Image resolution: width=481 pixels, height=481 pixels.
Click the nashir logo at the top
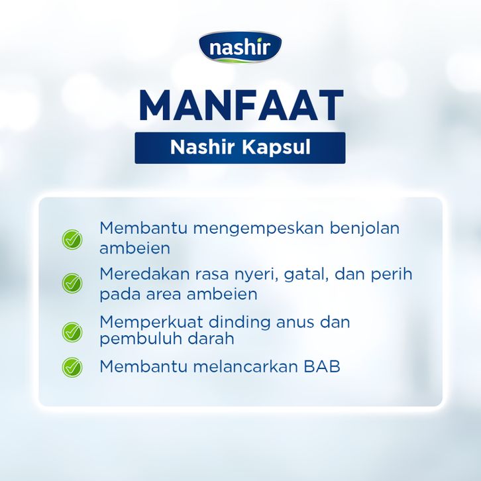coord(240,47)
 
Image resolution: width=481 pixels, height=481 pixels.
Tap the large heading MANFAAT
coord(240,105)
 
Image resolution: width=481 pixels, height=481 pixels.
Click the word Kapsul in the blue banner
coord(276,148)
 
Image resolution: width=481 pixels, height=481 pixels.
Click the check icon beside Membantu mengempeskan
coord(72,240)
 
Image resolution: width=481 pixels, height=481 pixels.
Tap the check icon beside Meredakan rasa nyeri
coord(72,283)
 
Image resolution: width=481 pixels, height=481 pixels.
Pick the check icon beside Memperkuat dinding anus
coord(72,332)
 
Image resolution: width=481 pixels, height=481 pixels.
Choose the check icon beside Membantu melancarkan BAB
coord(72,367)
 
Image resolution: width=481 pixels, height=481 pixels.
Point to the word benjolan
coord(365,229)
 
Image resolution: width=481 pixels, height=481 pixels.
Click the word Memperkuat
coord(151,322)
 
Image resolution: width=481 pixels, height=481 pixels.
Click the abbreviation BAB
coord(322,366)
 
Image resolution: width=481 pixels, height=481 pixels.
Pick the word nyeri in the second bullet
coord(256,275)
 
